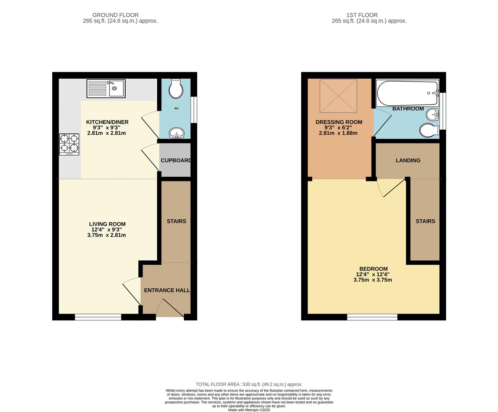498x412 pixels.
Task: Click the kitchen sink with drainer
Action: coord(106,89)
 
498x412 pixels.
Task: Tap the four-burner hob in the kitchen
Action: coord(69,145)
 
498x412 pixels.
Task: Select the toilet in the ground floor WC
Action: coord(176,89)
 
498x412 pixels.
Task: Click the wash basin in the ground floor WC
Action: coord(176,133)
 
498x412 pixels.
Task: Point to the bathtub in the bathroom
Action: coord(407,93)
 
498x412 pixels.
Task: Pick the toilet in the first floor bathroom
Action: coord(429,130)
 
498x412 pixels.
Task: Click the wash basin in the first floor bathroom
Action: coord(432,115)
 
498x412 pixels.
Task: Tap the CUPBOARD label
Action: coord(176,160)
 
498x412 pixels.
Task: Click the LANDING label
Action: coord(408,160)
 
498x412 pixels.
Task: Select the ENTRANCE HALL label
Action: coord(167,290)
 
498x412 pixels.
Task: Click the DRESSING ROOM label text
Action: coord(339,122)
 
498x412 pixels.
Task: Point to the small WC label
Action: coord(176,108)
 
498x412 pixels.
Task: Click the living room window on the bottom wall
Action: coord(98,317)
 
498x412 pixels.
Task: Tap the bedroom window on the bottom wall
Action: coord(372,317)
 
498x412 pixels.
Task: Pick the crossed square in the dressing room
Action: coord(338,96)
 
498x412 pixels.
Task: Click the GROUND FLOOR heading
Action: coord(115,15)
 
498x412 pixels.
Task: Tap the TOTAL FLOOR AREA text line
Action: coord(249,385)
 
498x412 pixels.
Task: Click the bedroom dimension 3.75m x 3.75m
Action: coord(373,280)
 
